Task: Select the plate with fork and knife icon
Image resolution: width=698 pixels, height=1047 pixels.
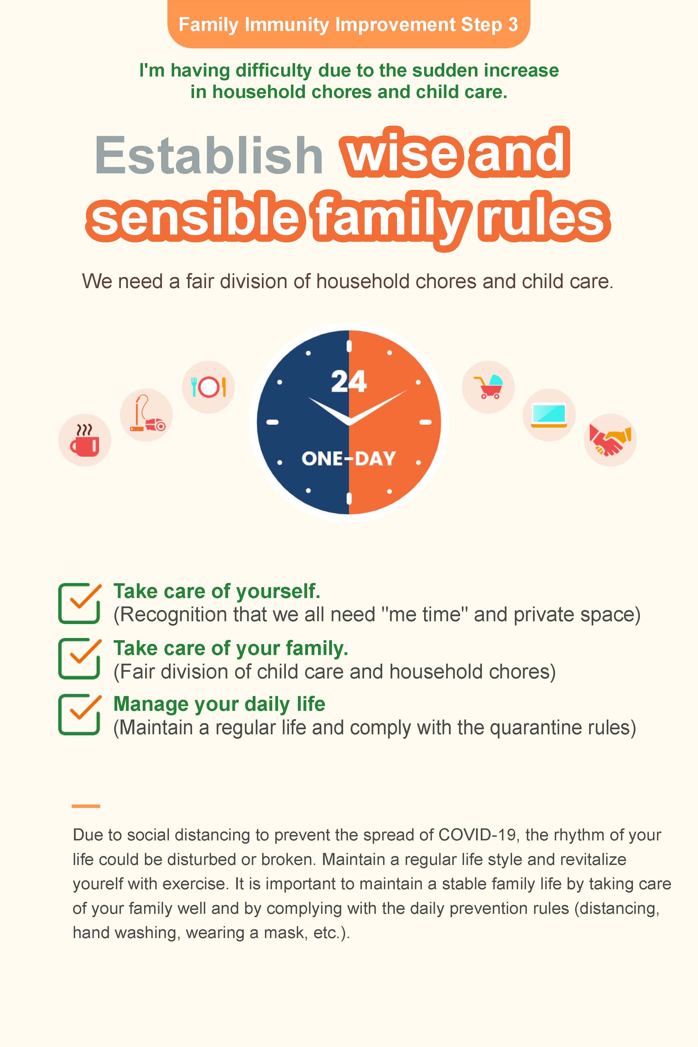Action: [208, 387]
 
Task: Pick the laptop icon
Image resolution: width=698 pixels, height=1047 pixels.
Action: [549, 415]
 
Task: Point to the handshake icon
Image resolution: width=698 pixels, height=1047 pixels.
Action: [610, 440]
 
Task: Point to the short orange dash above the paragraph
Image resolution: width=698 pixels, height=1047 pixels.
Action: [86, 806]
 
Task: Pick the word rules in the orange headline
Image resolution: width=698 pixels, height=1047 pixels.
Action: [543, 218]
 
